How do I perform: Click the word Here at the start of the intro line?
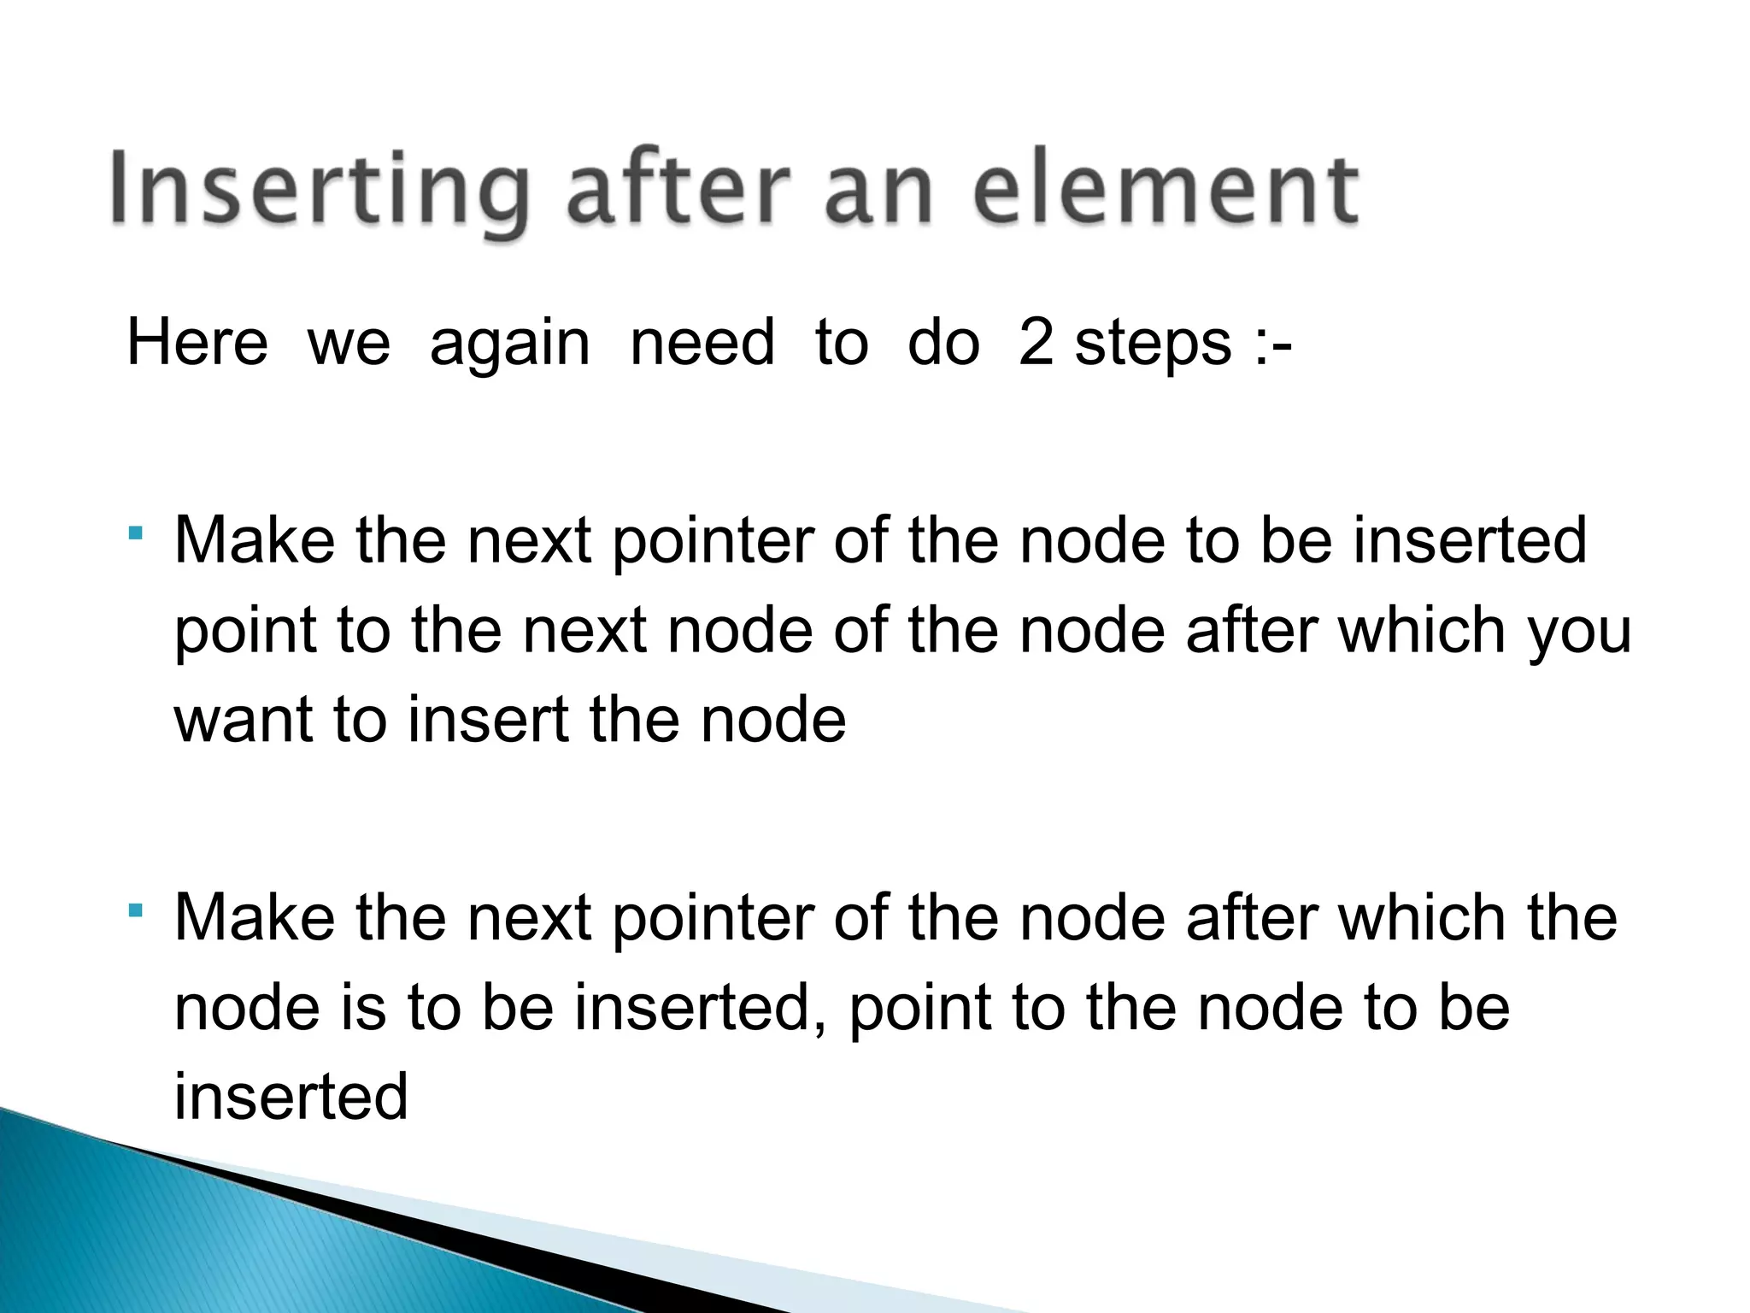tap(197, 343)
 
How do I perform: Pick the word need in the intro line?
tap(702, 343)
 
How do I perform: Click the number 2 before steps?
tap(1035, 343)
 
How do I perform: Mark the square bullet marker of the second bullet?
tap(135, 911)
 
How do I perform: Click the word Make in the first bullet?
tap(255, 540)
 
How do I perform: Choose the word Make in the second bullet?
tap(255, 918)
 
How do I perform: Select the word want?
tap(244, 720)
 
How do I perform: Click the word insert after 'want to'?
tap(488, 720)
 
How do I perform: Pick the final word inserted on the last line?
tap(291, 1097)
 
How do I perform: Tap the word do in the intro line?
tap(943, 343)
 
